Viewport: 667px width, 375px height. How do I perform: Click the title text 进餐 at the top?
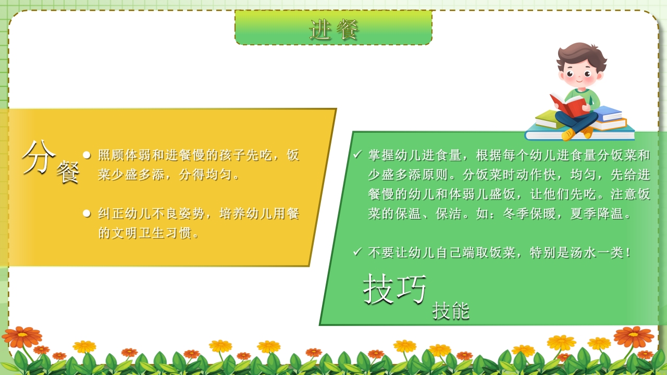pyautogui.click(x=334, y=29)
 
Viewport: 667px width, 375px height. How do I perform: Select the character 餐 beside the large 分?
pyautogui.click(x=68, y=172)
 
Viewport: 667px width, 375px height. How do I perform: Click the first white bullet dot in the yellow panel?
pyautogui.click(x=87, y=155)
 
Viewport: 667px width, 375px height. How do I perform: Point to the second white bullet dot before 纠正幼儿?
pyautogui.click(x=87, y=213)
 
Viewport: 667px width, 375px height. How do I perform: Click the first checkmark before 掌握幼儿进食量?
pyautogui.click(x=357, y=155)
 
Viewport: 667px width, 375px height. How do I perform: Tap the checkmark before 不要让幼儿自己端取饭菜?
pyautogui.click(x=357, y=252)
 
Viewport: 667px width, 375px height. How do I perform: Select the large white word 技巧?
pyautogui.click(x=395, y=288)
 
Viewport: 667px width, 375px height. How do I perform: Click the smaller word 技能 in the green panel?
pyautogui.click(x=451, y=311)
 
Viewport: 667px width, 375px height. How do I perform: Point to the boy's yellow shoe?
pyautogui.click(x=569, y=134)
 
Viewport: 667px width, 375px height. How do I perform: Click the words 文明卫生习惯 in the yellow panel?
pyautogui.click(x=150, y=233)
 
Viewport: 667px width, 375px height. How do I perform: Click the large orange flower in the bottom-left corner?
pyautogui.click(x=21, y=336)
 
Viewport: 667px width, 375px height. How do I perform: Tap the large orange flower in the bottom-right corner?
pyautogui.click(x=633, y=336)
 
